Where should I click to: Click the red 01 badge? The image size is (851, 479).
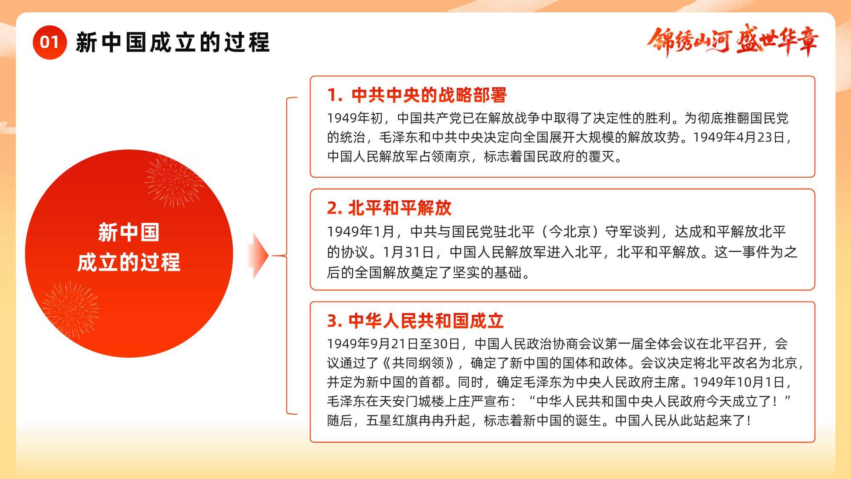[x=49, y=42]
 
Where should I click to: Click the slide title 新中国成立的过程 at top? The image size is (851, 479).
[x=173, y=42]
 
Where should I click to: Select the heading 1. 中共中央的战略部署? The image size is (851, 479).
[x=417, y=95]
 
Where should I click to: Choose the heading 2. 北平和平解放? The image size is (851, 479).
[x=389, y=208]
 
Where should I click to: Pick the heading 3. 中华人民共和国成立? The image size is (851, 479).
[x=415, y=321]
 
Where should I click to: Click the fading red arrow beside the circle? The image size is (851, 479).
[x=258, y=256]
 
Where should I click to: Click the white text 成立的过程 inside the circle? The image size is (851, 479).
[x=129, y=262]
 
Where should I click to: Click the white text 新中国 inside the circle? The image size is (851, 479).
[x=129, y=232]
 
